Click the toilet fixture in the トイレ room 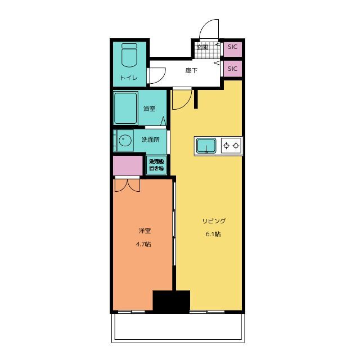pos(129,55)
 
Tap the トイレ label pos(129,78)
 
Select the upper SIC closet pos(232,49)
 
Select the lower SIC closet pos(232,69)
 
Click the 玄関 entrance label pos(202,47)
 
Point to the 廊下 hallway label pos(191,70)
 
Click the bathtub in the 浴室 pos(125,108)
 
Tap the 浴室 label pos(149,109)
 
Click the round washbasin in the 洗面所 pos(125,140)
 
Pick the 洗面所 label pos(150,139)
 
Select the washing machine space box pos(156,165)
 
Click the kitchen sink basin pos(206,146)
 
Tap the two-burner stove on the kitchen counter pos(231,145)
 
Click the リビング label pos(214,221)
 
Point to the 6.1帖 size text pos(213,234)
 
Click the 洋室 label pos(145,231)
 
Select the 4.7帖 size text pos(143,244)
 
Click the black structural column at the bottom pos(172,301)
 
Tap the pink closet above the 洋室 pos(128,165)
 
